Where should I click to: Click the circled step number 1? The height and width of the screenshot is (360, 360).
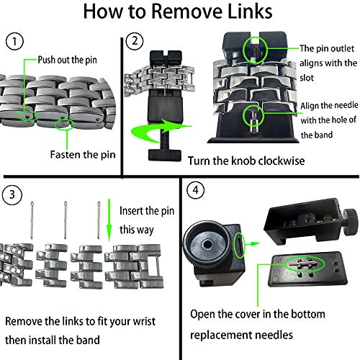[x=14, y=41]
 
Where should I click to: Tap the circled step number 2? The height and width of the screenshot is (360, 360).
[x=135, y=41]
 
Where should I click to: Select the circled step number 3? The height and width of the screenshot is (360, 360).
[x=12, y=194]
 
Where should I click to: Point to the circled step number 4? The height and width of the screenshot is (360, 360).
[x=196, y=190]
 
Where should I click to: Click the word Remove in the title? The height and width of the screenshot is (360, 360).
[x=187, y=12]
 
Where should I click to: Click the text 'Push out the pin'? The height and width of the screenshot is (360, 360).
[x=68, y=60]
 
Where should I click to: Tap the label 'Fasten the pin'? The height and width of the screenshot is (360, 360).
[x=83, y=155]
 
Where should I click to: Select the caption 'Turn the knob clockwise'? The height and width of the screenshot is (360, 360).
[x=246, y=161]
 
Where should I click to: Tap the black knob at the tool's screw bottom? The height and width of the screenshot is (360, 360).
[x=165, y=155]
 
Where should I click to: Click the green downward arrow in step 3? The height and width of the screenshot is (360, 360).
[x=109, y=220]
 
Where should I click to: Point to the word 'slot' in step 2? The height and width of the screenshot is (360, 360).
[x=307, y=78]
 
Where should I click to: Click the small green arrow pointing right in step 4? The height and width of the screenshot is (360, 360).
[x=252, y=244]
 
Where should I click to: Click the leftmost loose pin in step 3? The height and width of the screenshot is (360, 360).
[x=32, y=220]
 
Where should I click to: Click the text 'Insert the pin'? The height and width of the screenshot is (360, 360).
[x=147, y=211]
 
